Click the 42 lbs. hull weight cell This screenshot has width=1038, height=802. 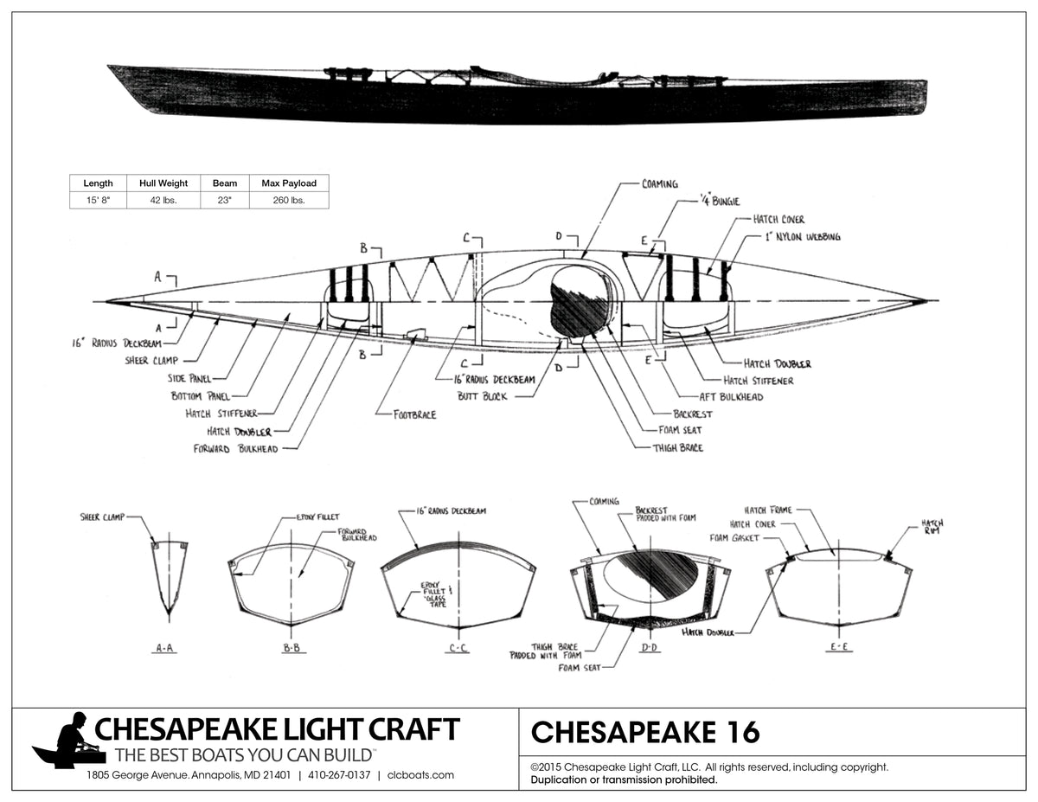click(x=163, y=200)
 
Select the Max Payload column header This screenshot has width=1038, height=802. click(x=289, y=183)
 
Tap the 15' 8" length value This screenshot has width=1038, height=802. click(x=98, y=200)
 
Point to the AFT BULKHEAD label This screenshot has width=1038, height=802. click(x=731, y=396)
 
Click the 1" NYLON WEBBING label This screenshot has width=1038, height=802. click(x=802, y=237)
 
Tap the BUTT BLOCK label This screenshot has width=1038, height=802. click(x=483, y=396)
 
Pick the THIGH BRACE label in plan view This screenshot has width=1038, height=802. click(x=679, y=447)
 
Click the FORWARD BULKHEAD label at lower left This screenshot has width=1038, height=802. click(x=236, y=449)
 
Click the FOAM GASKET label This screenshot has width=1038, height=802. click(x=734, y=538)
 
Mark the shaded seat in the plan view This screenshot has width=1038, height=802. click(x=578, y=301)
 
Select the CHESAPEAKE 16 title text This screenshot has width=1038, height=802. click(x=644, y=733)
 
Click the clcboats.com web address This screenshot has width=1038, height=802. click(x=420, y=775)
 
